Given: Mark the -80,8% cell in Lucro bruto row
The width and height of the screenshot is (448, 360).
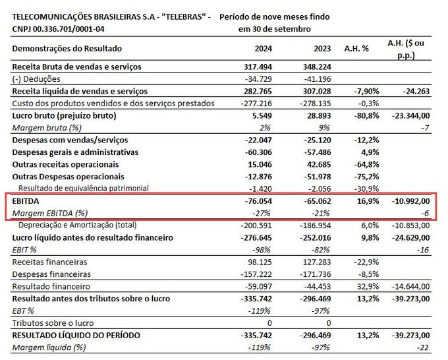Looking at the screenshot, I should click(366, 115).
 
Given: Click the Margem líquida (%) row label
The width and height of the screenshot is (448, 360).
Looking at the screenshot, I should click(49, 347).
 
